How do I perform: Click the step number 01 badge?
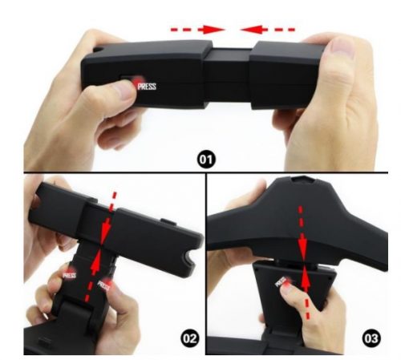(206, 160)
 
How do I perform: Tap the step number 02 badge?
(190, 338)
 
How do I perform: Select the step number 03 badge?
(371, 338)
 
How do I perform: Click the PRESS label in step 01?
(147, 87)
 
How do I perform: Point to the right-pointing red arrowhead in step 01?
(213, 30)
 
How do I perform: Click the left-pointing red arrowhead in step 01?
(252, 30)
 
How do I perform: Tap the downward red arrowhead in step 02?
(105, 232)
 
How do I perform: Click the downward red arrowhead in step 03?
(303, 247)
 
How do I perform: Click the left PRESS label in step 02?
(69, 275)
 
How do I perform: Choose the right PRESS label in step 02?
(103, 285)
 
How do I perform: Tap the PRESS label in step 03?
(281, 282)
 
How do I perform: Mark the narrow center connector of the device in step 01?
(228, 77)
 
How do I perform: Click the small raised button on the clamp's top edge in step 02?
(167, 221)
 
